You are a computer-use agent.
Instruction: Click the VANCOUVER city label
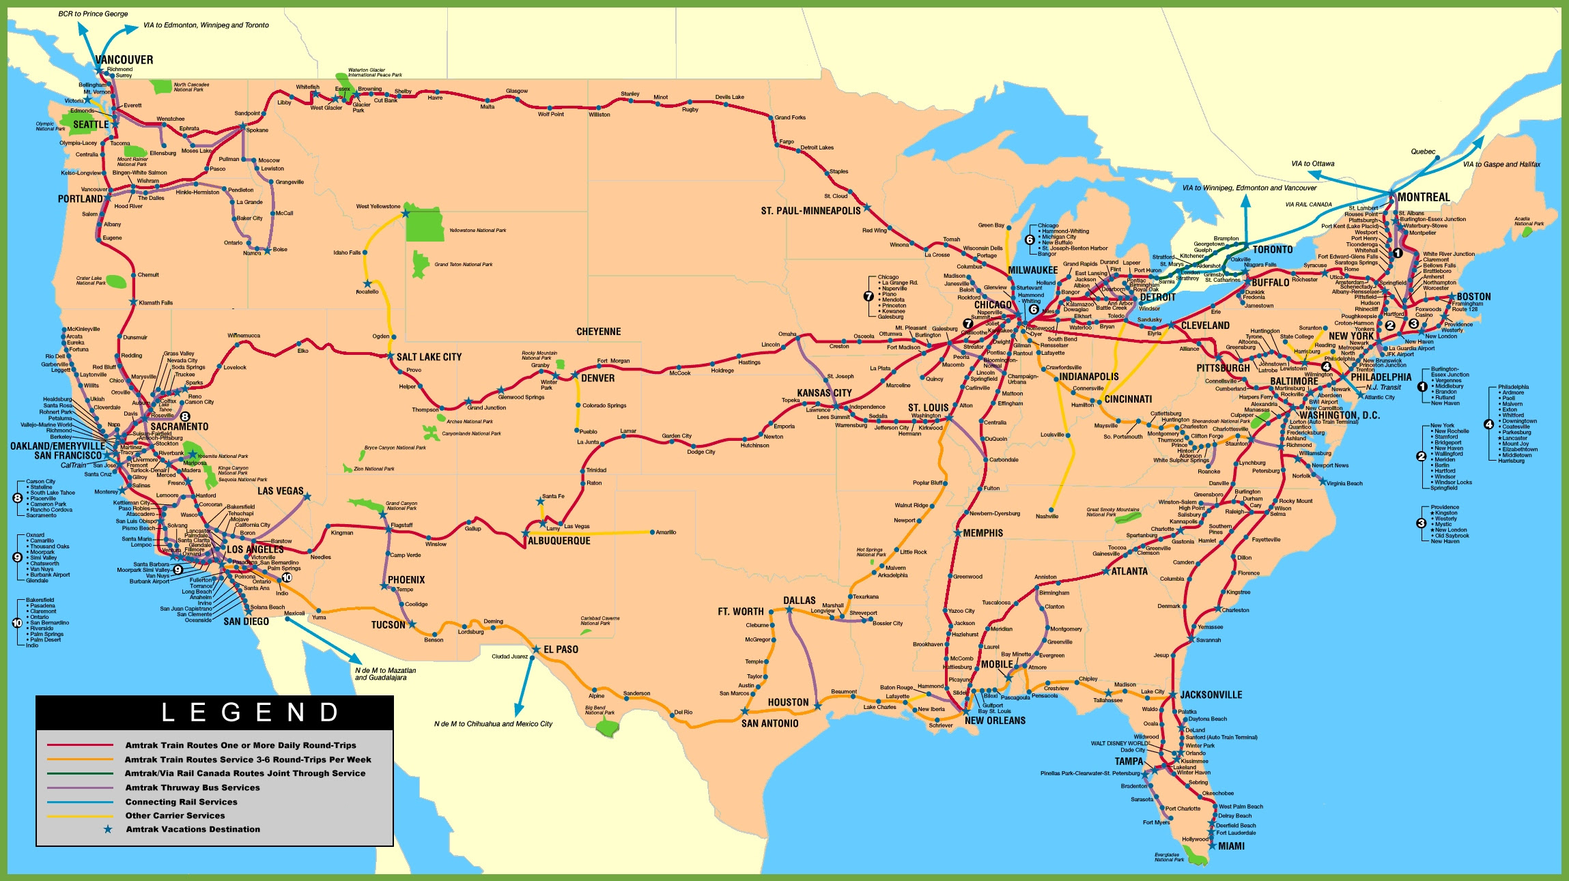124,60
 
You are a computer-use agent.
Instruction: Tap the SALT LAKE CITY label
429,357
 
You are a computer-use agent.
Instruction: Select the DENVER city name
597,378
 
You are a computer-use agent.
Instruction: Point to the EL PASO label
561,650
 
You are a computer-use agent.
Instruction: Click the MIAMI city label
1231,846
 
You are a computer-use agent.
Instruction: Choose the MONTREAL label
1424,197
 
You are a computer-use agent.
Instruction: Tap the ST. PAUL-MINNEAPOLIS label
810,211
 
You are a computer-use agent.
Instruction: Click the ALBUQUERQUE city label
559,541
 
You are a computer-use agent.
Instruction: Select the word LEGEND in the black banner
250,712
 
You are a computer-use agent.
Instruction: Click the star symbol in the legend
107,829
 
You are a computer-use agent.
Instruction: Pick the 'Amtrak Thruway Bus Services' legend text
192,788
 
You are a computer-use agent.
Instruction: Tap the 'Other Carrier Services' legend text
175,815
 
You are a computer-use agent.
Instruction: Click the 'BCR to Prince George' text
93,14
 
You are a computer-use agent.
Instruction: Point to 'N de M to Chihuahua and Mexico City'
493,724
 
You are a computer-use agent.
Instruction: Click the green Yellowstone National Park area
425,225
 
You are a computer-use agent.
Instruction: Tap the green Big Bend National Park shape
606,727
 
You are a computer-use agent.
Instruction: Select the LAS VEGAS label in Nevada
280,491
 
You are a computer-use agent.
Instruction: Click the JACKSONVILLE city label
1211,695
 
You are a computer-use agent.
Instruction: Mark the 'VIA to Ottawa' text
1312,164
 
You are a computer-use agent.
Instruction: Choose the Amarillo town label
666,532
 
